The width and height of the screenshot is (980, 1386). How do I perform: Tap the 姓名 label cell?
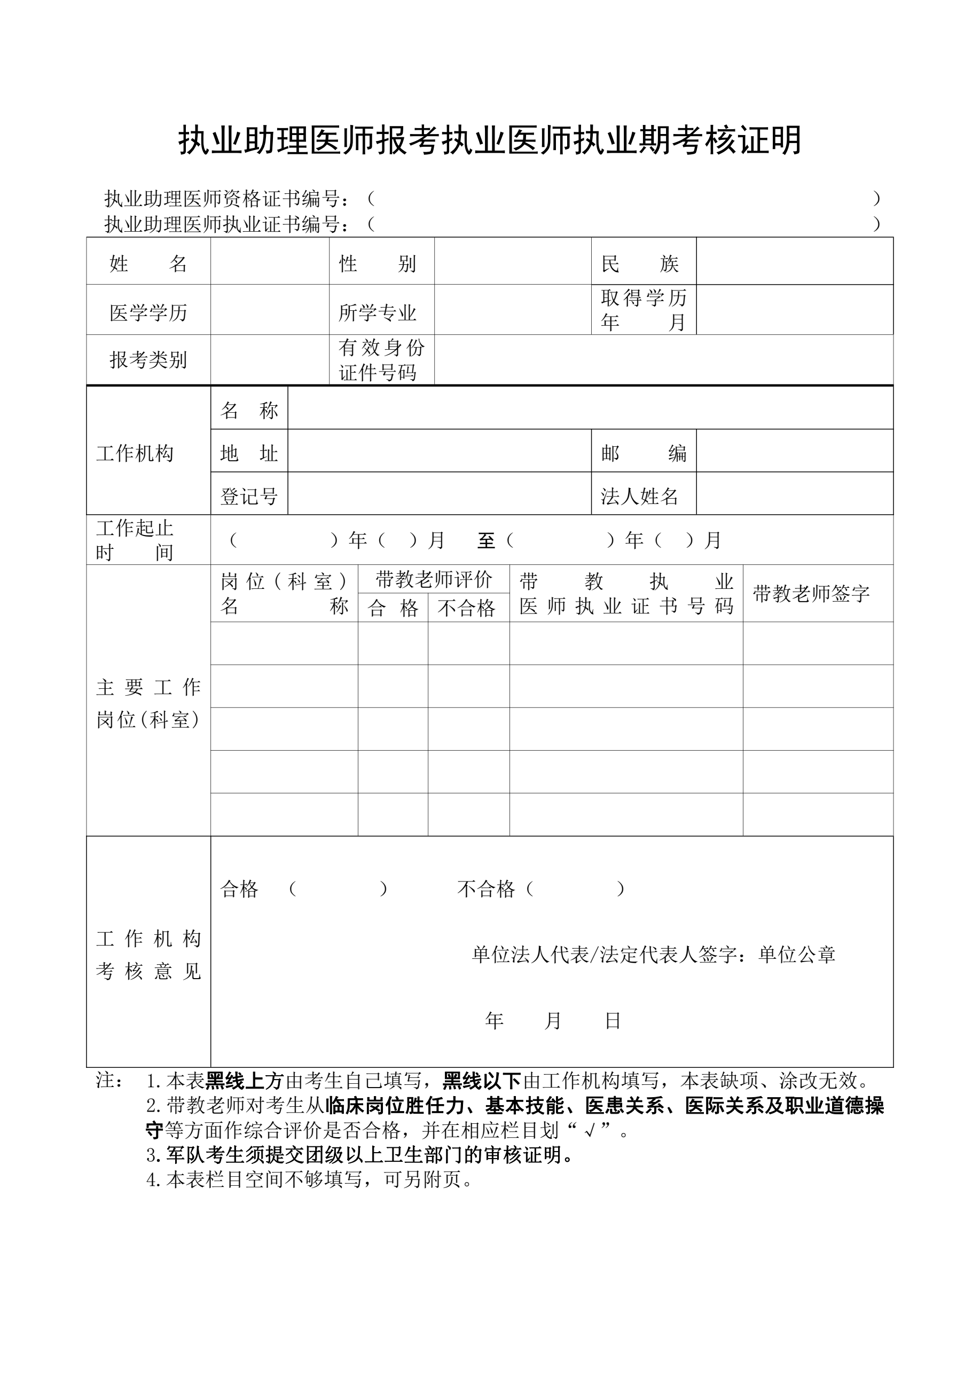[x=148, y=264]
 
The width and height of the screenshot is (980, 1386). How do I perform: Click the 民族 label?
[x=640, y=264]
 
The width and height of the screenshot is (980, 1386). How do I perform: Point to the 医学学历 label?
[x=148, y=313]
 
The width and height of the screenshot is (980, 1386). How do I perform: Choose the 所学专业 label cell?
[x=378, y=313]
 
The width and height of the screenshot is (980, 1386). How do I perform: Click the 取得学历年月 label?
[x=643, y=310]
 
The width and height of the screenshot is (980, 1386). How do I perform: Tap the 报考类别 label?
[x=148, y=360]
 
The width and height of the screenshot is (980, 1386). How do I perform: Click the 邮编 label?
[x=643, y=453]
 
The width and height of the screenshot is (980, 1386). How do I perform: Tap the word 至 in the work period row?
[x=486, y=540]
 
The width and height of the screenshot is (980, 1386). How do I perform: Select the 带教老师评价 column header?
[x=434, y=579]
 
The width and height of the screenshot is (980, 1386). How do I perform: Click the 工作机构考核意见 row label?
[x=148, y=955]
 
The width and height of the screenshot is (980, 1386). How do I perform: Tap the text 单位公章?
[x=797, y=955]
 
